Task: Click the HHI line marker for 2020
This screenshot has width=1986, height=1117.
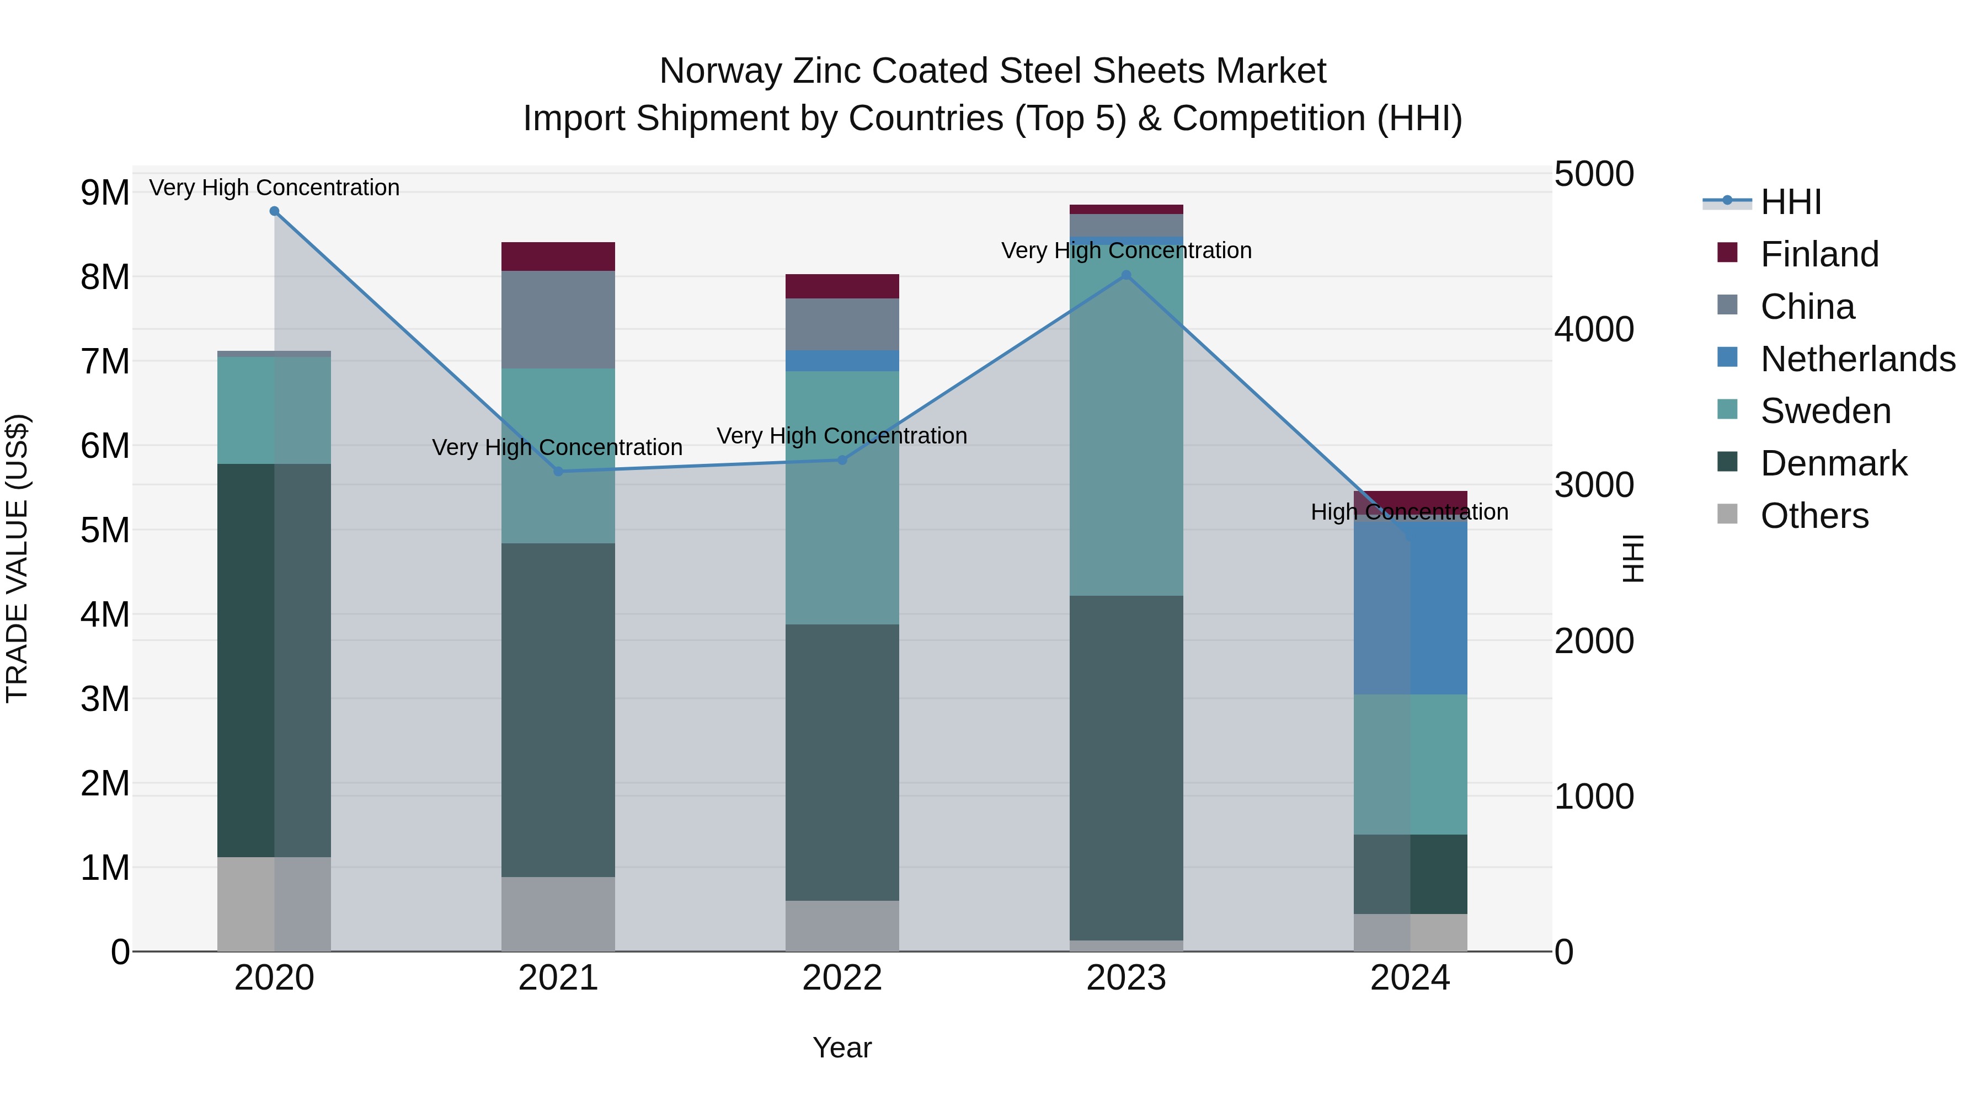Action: pos(275,211)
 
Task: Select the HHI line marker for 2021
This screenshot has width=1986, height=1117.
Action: pos(558,471)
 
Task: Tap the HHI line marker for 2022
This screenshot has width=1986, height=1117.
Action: pos(842,460)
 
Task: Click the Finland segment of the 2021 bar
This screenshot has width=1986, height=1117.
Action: pos(558,256)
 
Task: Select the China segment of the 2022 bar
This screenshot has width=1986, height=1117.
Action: pos(842,324)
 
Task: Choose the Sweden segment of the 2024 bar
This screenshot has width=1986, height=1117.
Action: pos(1410,764)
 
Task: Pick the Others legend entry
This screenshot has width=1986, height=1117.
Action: pos(1813,516)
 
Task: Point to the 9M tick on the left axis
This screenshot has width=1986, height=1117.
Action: pos(105,193)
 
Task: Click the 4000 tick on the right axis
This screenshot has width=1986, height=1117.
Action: pos(1593,329)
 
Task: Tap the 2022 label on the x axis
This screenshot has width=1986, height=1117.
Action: pos(842,978)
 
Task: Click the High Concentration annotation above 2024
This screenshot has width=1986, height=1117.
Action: pos(1410,512)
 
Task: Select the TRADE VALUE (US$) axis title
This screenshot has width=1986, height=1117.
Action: pos(18,558)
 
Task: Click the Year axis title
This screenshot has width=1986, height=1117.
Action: pos(842,1047)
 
